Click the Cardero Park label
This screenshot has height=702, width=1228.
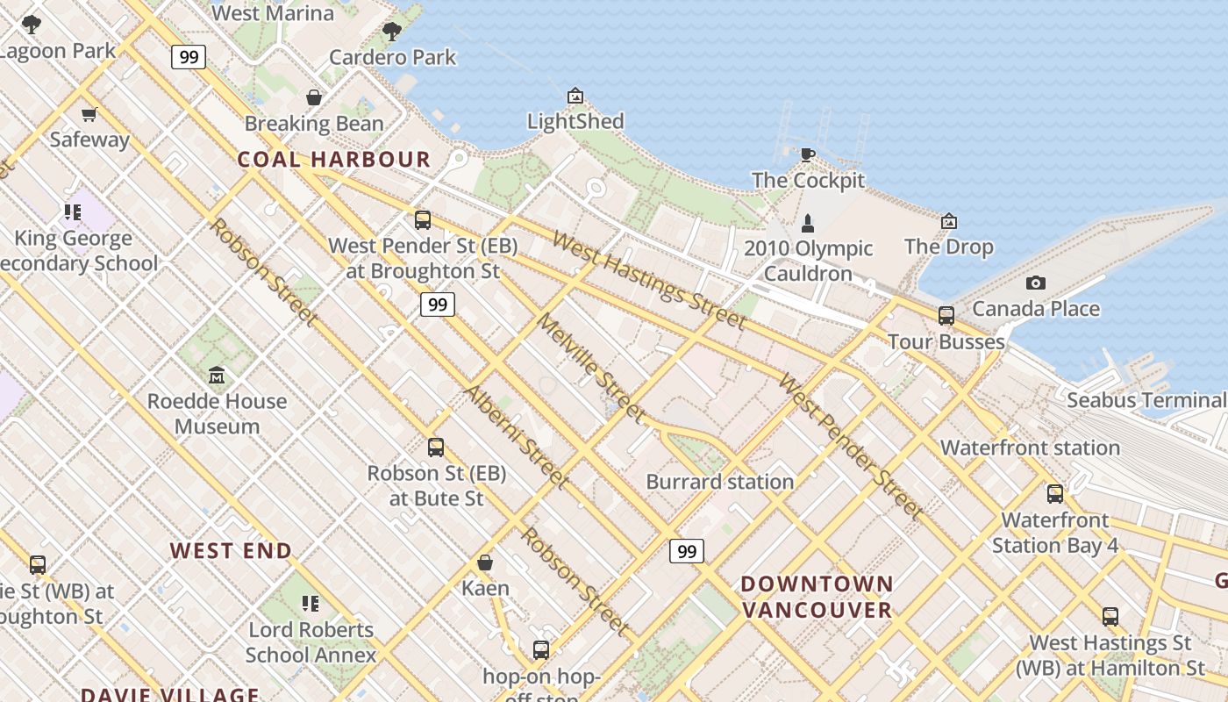click(392, 58)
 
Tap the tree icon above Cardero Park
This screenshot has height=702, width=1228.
click(392, 32)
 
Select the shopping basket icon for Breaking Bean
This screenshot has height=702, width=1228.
click(314, 97)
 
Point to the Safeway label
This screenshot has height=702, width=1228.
click(89, 140)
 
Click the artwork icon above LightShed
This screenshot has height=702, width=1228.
click(575, 96)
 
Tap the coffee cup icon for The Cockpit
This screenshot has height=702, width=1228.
click(808, 155)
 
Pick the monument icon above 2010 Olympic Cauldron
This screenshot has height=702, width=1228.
click(808, 223)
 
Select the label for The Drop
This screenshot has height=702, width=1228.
click(948, 247)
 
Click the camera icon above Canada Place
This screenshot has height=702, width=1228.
click(1036, 283)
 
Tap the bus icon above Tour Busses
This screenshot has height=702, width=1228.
click(946, 316)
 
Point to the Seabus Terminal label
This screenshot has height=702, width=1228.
click(1146, 401)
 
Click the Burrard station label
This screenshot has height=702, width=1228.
click(719, 482)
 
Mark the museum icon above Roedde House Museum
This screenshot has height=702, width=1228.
click(216, 376)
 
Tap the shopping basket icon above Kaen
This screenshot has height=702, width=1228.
click(485, 562)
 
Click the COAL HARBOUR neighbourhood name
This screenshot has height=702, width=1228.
click(334, 160)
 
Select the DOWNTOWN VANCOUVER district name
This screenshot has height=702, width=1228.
click(817, 597)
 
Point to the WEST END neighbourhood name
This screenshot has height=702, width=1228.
click(231, 551)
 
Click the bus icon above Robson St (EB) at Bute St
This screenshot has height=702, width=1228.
click(436, 448)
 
